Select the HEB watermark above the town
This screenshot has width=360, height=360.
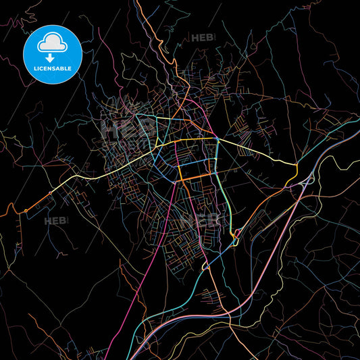pos(202,38)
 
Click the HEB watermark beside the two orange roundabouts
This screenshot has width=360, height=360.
pos(57,220)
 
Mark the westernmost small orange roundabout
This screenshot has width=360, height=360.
pos(26,211)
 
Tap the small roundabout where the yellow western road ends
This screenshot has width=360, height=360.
pos(49,193)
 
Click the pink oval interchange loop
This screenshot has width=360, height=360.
pos(236,235)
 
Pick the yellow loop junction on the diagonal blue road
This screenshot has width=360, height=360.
pos(206,266)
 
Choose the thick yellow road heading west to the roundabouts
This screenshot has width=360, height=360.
pos(101,170)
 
